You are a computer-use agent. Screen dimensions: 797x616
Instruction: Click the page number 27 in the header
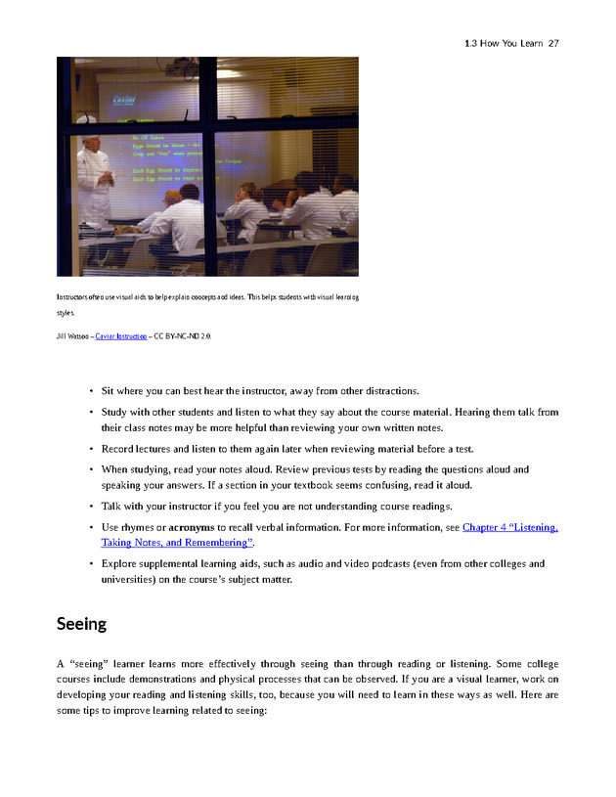[x=553, y=43]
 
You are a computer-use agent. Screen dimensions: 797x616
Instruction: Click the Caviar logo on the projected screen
[x=124, y=99]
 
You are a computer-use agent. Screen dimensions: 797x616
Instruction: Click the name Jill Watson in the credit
[x=72, y=335]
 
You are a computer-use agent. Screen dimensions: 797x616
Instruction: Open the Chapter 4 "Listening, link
[x=509, y=527]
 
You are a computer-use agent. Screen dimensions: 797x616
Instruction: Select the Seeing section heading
[x=81, y=623]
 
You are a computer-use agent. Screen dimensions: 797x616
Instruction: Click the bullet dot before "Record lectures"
[x=91, y=449]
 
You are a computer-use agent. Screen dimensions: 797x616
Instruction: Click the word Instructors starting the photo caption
[x=75, y=296]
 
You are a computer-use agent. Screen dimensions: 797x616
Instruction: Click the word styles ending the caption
[x=66, y=314]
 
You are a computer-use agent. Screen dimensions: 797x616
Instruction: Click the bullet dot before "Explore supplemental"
[x=91, y=564]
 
